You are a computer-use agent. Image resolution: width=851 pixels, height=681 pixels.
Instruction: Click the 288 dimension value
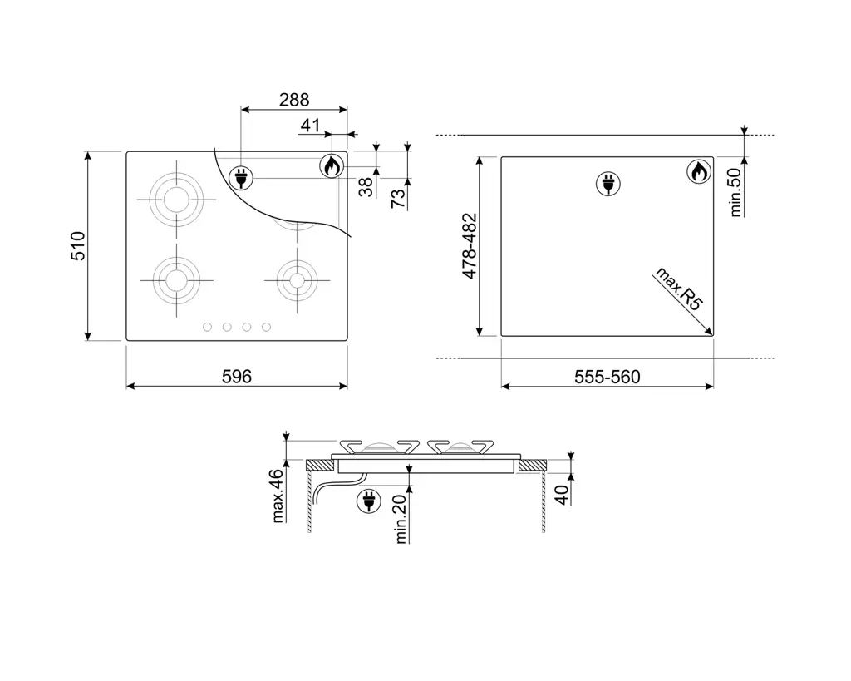click(x=294, y=100)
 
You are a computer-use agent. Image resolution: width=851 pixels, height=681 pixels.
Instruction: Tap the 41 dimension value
click(x=311, y=126)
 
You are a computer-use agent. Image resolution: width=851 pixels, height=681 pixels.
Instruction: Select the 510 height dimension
click(x=78, y=246)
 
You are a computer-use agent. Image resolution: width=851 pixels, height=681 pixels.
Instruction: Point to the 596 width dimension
click(x=237, y=377)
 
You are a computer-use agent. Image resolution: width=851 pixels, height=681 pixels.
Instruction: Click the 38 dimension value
click(x=366, y=187)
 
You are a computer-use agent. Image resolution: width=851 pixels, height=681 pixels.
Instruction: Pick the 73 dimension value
click(x=398, y=198)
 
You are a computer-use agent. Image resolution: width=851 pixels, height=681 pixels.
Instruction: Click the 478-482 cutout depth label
click(x=470, y=246)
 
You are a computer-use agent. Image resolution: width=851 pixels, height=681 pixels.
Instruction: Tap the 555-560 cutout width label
click(x=608, y=377)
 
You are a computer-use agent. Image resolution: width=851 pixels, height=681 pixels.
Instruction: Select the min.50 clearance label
click(x=735, y=192)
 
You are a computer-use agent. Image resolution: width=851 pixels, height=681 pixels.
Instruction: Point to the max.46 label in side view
click(x=278, y=496)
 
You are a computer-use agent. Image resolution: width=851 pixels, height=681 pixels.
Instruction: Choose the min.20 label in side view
click(x=401, y=519)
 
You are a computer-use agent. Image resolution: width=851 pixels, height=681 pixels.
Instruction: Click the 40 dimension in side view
click(x=563, y=495)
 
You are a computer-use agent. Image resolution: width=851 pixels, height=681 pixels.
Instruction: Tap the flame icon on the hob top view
click(x=332, y=165)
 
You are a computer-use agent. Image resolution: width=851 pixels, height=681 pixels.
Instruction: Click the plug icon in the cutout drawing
click(x=608, y=184)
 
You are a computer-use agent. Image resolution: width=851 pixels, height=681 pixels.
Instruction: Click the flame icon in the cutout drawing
click(x=699, y=171)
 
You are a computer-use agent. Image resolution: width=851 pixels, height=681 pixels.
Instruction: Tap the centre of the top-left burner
click(x=176, y=200)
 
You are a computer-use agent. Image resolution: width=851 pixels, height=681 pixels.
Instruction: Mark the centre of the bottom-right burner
click(x=297, y=280)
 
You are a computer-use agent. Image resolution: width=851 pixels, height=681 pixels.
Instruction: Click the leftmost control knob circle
click(x=207, y=327)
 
